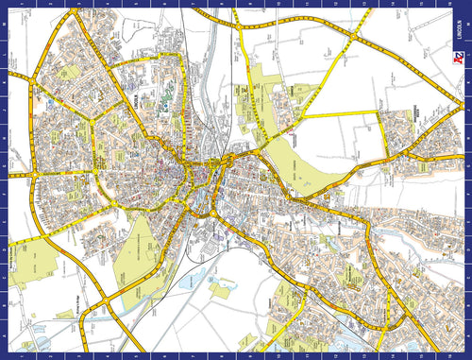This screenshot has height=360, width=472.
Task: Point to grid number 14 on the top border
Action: pos(358,4)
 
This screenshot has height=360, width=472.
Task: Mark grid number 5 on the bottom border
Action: pos(113,355)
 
